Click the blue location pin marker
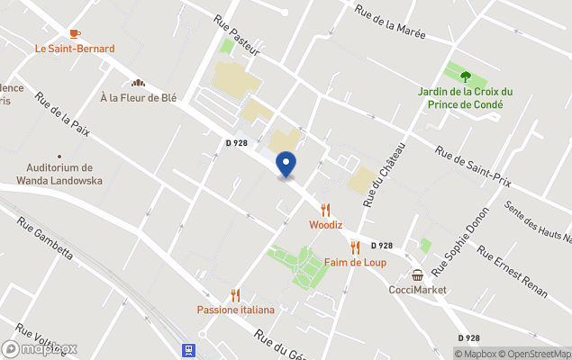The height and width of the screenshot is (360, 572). [x=286, y=165]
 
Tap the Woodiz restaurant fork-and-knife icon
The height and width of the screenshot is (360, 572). [x=325, y=210]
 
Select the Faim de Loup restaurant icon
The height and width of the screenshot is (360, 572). [x=355, y=247]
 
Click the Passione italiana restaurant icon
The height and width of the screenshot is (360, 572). [x=236, y=295]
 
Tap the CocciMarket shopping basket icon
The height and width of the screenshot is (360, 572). [x=418, y=274]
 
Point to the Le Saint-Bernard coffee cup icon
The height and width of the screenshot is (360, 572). [x=75, y=33]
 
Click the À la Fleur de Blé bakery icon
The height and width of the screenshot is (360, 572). [x=139, y=82]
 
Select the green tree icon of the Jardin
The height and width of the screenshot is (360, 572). [x=466, y=76]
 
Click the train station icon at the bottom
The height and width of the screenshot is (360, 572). [x=189, y=349]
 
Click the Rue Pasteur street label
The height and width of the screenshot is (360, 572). [x=236, y=35]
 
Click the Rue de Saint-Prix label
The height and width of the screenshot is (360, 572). [x=473, y=167]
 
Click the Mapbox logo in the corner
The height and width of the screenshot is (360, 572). [x=40, y=348]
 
